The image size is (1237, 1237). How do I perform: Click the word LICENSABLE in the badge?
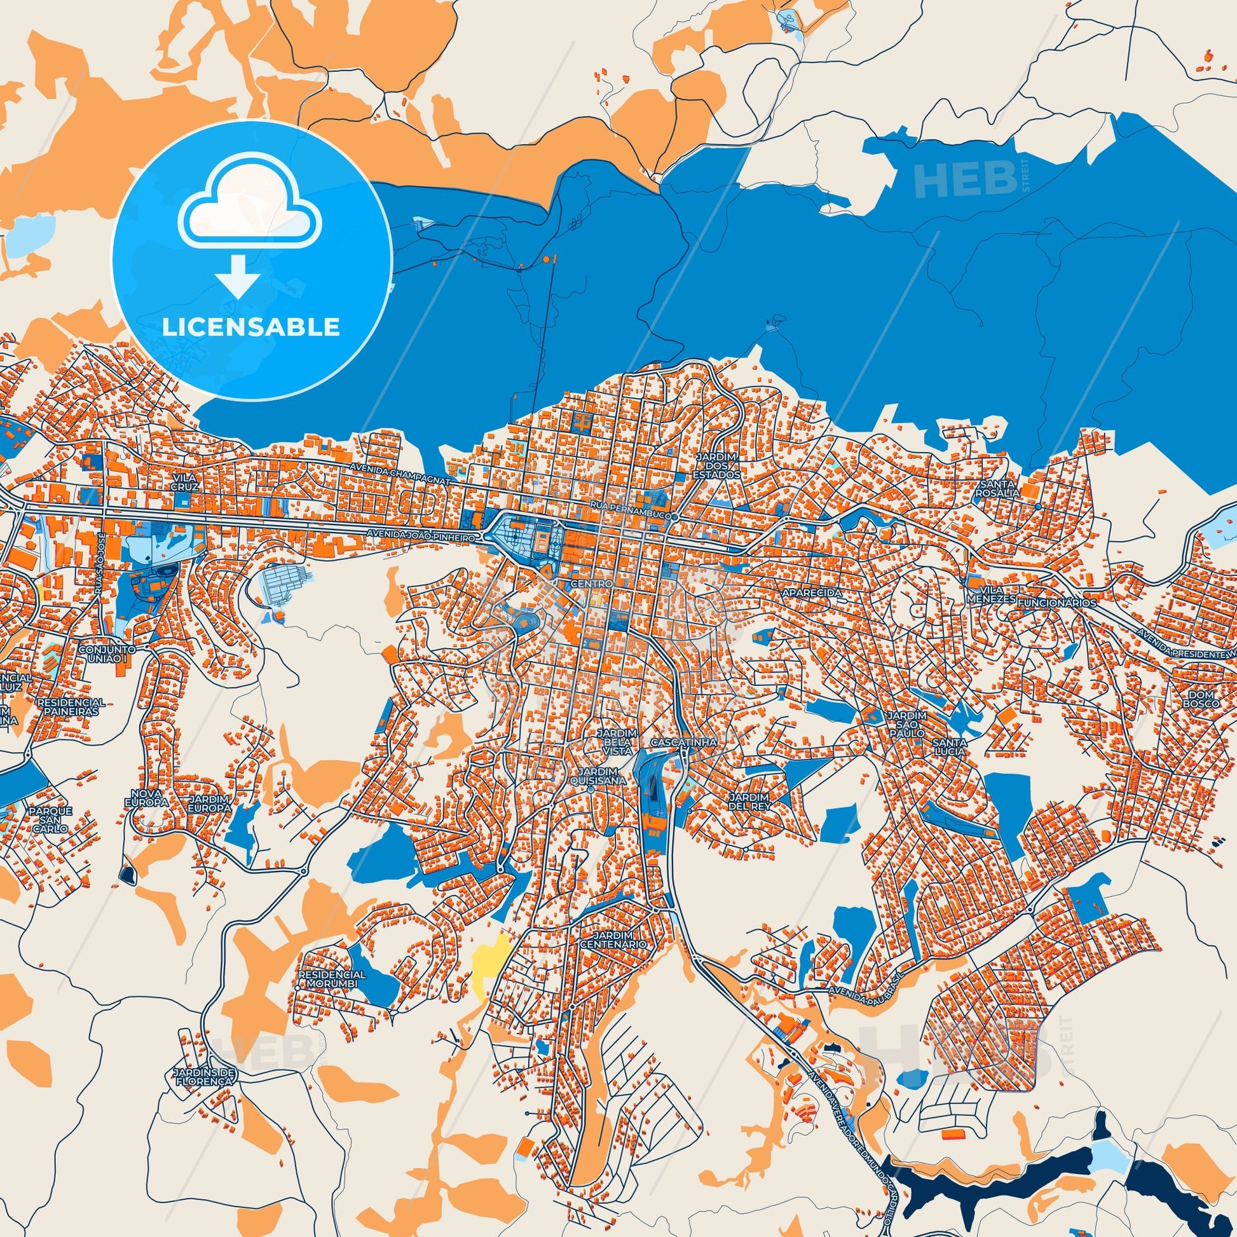(x=250, y=327)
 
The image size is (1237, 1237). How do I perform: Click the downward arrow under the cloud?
(x=238, y=276)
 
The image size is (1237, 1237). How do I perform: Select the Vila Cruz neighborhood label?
(x=185, y=481)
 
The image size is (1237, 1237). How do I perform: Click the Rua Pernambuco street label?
(x=631, y=515)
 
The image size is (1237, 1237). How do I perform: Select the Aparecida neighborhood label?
(x=812, y=594)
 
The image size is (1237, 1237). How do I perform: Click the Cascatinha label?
(x=683, y=742)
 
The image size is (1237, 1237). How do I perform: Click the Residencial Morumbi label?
(x=332, y=978)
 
